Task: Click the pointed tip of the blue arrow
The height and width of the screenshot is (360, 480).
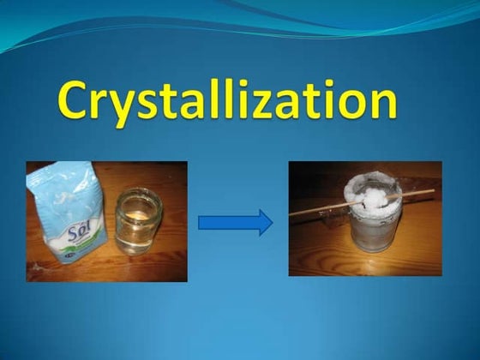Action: (271, 223)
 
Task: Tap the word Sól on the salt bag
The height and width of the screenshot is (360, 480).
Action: (63, 234)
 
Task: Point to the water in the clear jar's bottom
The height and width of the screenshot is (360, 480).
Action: (138, 245)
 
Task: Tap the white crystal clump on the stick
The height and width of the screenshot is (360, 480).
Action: (378, 196)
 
